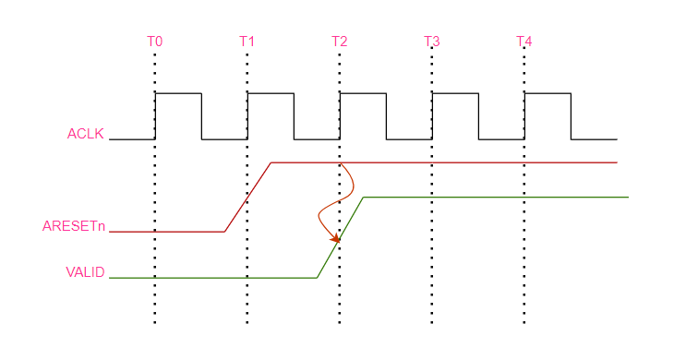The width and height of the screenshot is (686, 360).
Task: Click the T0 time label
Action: (x=155, y=42)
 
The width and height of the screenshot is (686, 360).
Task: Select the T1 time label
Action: (x=247, y=42)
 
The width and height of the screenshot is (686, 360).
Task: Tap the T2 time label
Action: (x=340, y=42)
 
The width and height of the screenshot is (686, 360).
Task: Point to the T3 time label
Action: (x=432, y=42)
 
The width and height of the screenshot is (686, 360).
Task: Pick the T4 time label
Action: (x=524, y=42)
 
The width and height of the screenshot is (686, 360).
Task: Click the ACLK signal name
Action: (x=85, y=134)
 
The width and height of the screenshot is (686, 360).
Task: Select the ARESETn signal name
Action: (x=74, y=226)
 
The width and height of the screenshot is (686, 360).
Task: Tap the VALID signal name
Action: (x=85, y=272)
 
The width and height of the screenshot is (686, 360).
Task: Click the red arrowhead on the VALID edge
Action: (x=335, y=240)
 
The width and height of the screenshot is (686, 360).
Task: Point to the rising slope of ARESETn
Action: (x=247, y=197)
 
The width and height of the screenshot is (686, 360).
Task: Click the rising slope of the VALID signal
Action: (x=340, y=237)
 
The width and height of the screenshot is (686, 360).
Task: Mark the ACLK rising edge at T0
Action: (x=155, y=116)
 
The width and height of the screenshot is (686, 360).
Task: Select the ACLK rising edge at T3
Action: (x=432, y=116)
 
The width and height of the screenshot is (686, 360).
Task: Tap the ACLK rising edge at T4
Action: (x=524, y=116)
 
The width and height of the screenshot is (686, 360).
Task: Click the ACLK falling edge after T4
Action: (x=571, y=116)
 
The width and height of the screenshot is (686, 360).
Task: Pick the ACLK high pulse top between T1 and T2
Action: (x=271, y=93)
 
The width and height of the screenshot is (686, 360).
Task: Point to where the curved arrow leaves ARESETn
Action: (x=341, y=164)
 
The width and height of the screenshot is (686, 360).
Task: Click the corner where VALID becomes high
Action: (x=364, y=198)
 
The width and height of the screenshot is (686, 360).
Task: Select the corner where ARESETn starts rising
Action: (x=224, y=232)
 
